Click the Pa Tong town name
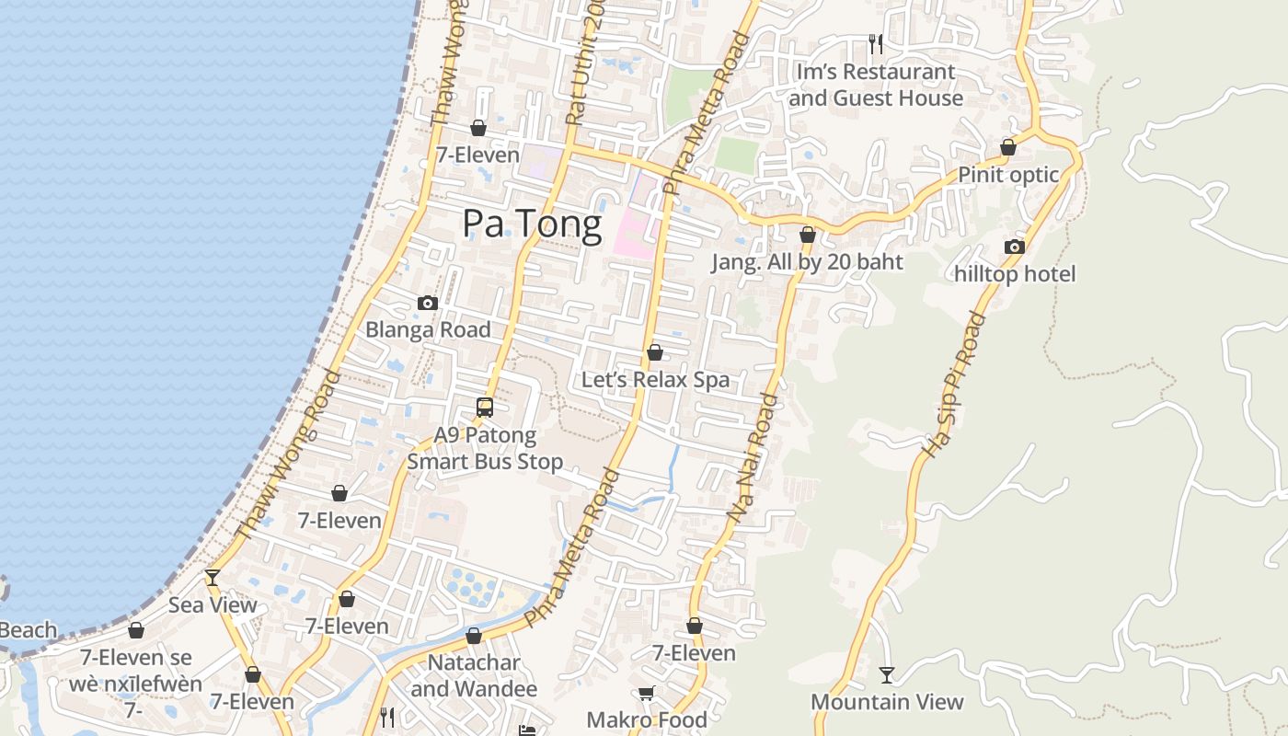(x=532, y=224)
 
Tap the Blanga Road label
(x=428, y=329)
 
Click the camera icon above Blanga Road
(x=427, y=303)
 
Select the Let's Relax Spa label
(x=655, y=379)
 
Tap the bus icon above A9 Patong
(x=485, y=407)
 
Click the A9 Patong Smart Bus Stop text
(x=485, y=448)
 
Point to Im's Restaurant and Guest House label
(x=875, y=85)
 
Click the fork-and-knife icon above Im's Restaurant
(x=876, y=43)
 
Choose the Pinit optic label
(x=1008, y=174)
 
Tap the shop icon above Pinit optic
(x=1008, y=147)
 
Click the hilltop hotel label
(x=1015, y=273)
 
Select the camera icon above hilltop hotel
(x=1015, y=247)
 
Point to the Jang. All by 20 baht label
(x=807, y=261)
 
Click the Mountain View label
(x=887, y=702)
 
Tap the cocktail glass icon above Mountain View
(x=887, y=675)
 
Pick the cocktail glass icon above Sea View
(x=213, y=578)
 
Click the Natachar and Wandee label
(x=474, y=675)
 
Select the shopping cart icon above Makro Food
(x=647, y=693)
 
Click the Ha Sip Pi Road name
(x=954, y=385)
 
